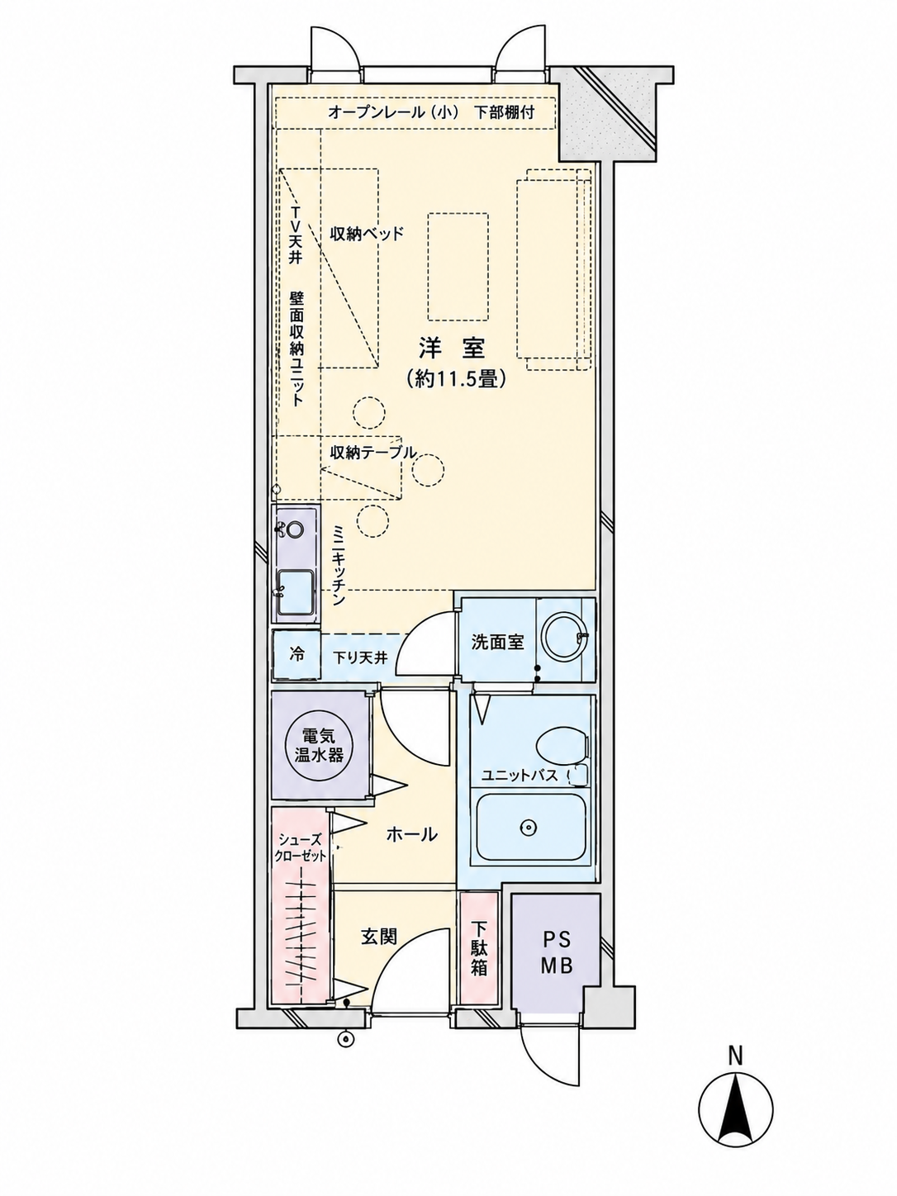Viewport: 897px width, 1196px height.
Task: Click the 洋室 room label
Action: [452, 349]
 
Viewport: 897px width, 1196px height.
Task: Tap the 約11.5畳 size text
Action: [457, 378]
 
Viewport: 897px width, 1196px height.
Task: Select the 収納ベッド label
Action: [368, 234]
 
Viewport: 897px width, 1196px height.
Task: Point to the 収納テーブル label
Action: [373, 452]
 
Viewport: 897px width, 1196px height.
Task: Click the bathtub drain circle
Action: [528, 828]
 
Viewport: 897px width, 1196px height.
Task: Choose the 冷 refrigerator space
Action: [297, 655]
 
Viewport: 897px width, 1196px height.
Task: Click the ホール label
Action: [411, 834]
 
